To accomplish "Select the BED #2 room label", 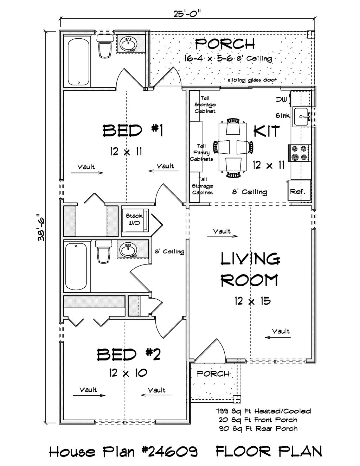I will point(129,355).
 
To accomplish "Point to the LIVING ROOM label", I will point(250,270).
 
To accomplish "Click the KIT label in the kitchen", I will point(267,131).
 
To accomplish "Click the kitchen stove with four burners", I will point(300,153).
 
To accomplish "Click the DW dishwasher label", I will point(282,100).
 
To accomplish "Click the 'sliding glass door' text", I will point(252,80).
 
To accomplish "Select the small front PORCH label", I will point(213,374).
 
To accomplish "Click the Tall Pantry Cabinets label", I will point(201,152).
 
